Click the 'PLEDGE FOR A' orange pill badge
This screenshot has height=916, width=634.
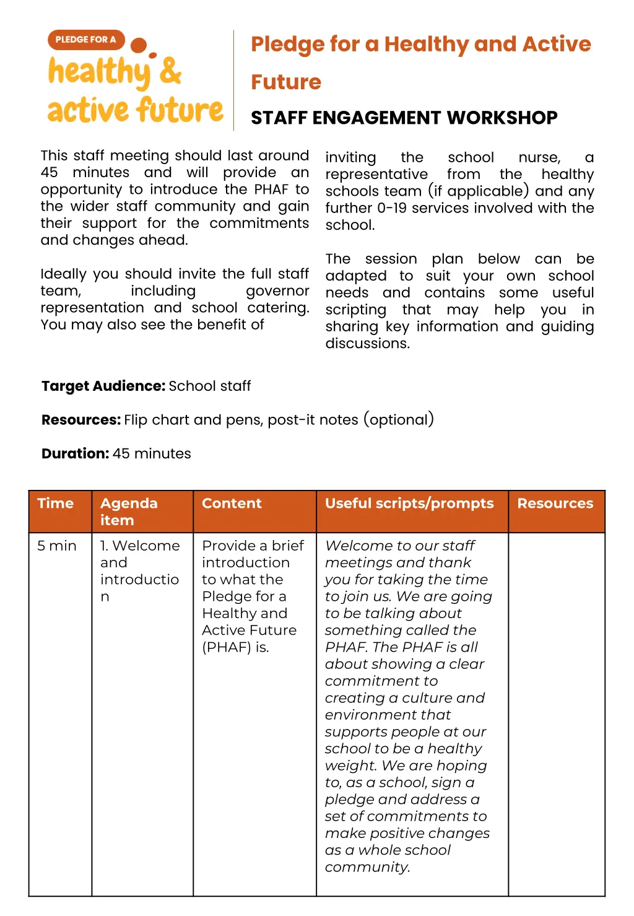(85, 40)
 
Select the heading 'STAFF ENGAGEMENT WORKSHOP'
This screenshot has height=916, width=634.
(404, 118)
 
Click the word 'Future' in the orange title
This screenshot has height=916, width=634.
(286, 82)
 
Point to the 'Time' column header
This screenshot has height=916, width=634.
(55, 504)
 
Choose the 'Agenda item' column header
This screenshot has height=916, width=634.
(129, 512)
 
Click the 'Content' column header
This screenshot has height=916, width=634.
(232, 504)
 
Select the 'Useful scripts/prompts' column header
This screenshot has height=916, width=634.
(409, 504)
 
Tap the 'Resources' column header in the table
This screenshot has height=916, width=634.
(555, 504)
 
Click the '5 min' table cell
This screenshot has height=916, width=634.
(56, 546)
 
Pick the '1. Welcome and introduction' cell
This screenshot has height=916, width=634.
(140, 570)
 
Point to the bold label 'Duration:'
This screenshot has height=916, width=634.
(75, 453)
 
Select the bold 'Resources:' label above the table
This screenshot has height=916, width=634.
(80, 420)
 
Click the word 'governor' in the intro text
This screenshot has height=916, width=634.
(277, 291)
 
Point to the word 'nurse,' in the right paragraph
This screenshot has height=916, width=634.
(539, 158)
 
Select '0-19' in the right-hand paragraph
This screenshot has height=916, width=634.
(392, 208)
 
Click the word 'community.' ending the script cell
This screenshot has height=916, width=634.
(367, 867)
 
